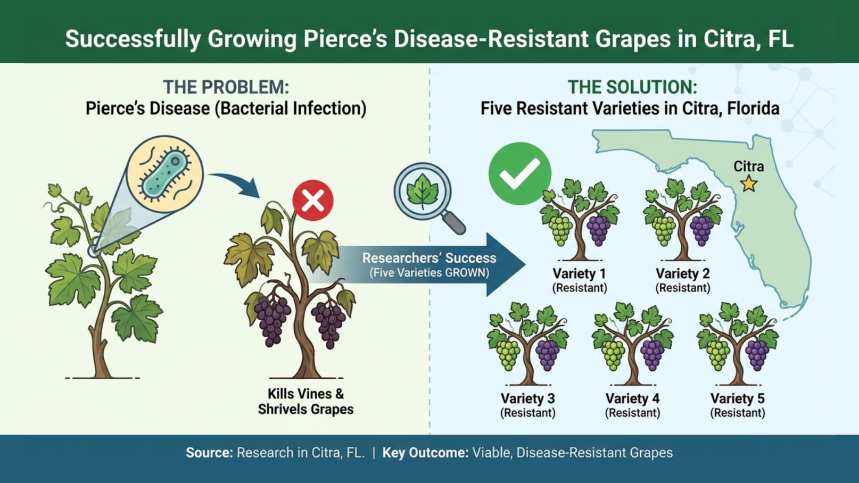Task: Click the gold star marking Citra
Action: tap(748, 184)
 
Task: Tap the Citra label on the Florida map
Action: tap(748, 166)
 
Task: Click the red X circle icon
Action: tap(313, 201)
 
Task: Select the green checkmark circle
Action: tap(519, 173)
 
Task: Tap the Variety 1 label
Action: tap(579, 273)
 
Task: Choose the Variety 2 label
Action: tap(683, 273)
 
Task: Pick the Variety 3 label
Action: tap(527, 398)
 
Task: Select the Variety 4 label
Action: tap(632, 398)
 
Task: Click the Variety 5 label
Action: tap(738, 398)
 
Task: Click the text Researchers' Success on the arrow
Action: tap(429, 258)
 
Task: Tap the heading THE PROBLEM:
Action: tap(226, 87)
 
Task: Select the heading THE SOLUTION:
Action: tap(632, 87)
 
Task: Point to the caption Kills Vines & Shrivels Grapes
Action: tap(305, 402)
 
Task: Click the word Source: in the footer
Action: tap(209, 453)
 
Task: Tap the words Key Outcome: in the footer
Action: tap(426, 453)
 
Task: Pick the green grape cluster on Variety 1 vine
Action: tap(560, 230)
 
